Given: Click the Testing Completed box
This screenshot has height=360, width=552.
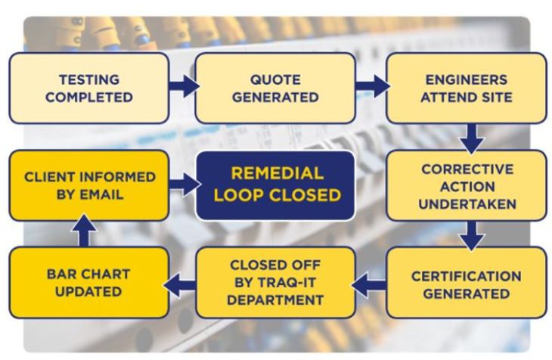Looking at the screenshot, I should [x=88, y=88].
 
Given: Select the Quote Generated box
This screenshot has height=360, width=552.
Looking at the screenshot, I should [x=274, y=88].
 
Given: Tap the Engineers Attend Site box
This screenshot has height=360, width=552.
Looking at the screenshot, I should [x=466, y=88].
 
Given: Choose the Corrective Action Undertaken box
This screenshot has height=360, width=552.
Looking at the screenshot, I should [x=466, y=185].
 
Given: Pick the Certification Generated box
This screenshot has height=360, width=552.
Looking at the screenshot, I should [x=466, y=284].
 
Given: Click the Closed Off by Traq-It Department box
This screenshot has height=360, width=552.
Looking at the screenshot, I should [x=274, y=284].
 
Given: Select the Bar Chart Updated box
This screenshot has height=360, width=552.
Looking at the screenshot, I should [x=88, y=284].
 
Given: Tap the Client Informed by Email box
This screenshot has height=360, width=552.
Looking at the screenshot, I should [x=88, y=185].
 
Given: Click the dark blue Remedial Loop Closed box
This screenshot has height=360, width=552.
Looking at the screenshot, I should [x=274, y=185].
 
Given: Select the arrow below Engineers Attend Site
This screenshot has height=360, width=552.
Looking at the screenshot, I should [x=472, y=137].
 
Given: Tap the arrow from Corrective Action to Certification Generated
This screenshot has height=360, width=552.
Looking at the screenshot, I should [x=472, y=234].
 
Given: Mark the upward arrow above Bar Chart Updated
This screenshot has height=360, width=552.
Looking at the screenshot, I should [x=84, y=233].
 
